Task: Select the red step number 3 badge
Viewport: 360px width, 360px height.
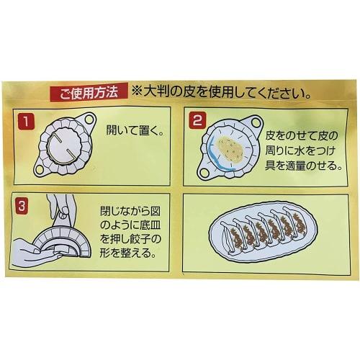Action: [x=26, y=205]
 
